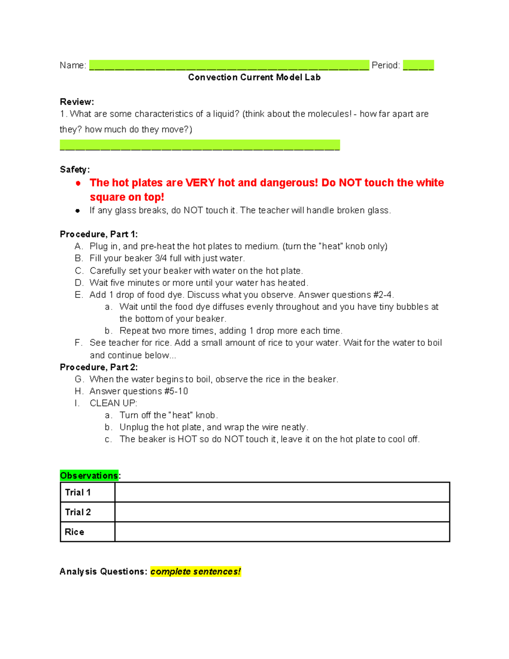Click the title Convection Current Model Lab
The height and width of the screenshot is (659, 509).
(254, 77)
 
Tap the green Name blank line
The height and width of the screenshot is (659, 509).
(229, 65)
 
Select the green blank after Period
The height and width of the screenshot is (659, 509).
(418, 65)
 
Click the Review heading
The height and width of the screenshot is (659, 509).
(77, 102)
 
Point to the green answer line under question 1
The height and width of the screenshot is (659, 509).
(200, 145)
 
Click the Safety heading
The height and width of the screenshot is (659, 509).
(75, 170)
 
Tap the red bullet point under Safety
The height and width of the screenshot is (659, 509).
(78, 183)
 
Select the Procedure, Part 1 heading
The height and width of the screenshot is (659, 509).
(98, 234)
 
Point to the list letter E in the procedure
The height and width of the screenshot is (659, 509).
(78, 295)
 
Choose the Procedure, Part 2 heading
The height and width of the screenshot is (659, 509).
(98, 367)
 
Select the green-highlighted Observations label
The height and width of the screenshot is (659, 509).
(89, 476)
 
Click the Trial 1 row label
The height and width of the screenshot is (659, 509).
(78, 492)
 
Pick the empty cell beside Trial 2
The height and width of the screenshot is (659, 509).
(282, 512)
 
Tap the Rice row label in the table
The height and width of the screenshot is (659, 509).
(74, 532)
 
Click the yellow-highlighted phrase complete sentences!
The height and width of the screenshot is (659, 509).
(196, 572)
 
